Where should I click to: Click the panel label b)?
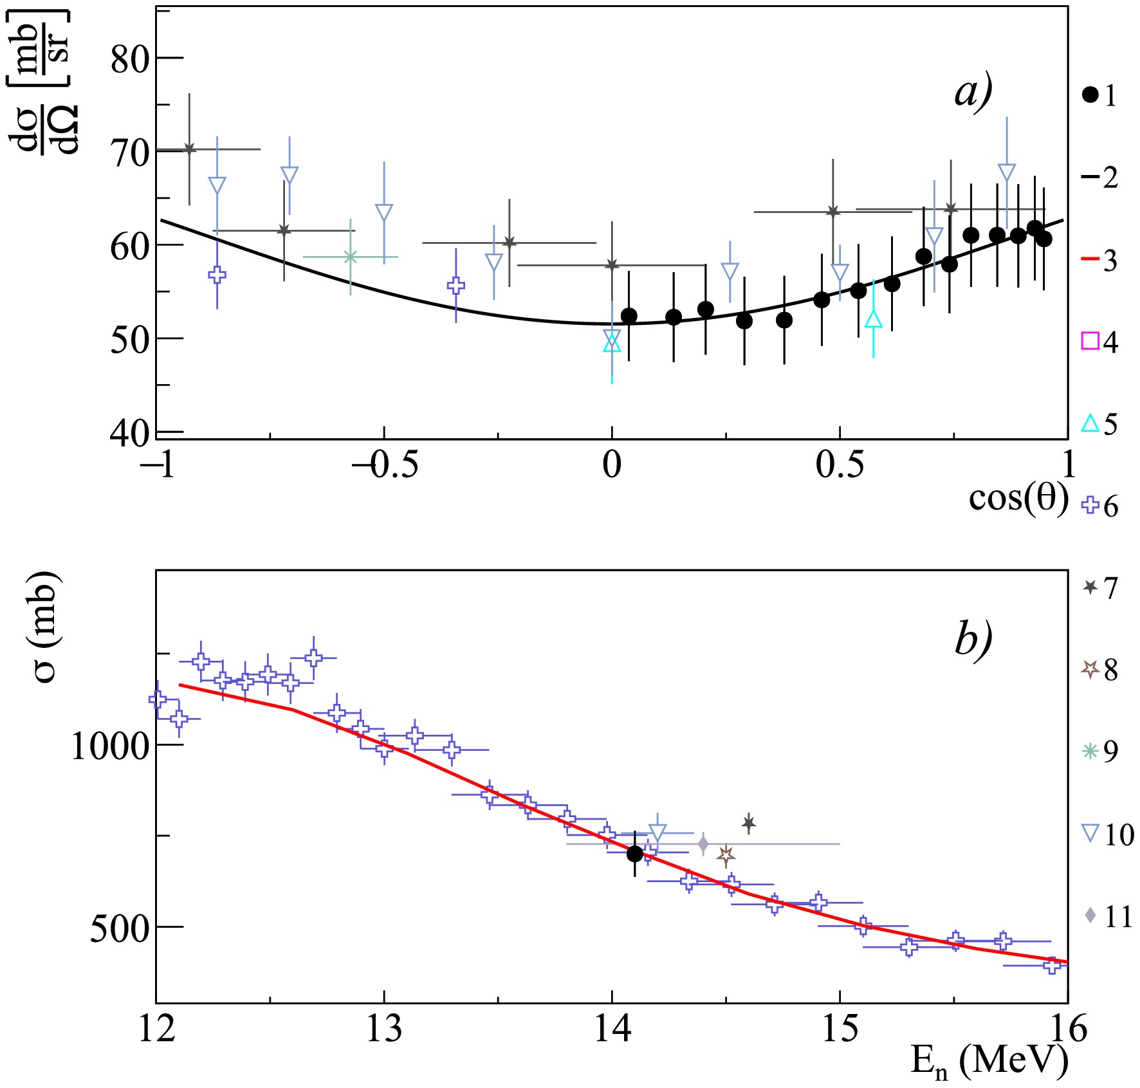[973, 639]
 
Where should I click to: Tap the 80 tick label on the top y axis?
[129, 59]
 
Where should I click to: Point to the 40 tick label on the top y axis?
[129, 434]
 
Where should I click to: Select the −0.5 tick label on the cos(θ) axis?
[385, 465]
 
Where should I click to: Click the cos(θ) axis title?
[1018, 497]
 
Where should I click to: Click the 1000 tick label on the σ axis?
[110, 746]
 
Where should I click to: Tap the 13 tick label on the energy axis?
[384, 1028]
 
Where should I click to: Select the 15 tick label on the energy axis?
[840, 1028]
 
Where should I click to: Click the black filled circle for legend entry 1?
[1090, 95]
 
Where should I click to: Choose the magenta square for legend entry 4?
[1090, 340]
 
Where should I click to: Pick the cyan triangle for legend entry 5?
[1090, 423]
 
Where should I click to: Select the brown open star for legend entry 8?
[1090, 669]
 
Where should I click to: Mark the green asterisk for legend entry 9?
[1090, 751]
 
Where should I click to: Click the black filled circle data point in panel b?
[635, 854]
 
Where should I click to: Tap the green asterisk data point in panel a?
[351, 257]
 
